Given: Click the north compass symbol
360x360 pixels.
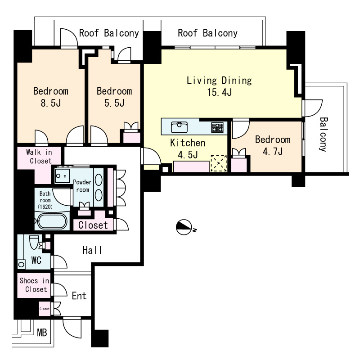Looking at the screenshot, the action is point(184,227).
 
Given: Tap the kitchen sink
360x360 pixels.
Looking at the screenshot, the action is point(179,127).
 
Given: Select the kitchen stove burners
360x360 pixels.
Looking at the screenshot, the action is point(217,127).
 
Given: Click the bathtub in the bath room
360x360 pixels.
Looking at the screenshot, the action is point(52,221).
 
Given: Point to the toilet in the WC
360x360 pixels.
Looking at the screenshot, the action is point(34,242).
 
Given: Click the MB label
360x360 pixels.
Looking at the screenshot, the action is point(42,333).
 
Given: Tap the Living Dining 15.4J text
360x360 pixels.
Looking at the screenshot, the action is point(219,86).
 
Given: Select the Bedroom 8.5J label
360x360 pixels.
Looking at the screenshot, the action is point(51,97).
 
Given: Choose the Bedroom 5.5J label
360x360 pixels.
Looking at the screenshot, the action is point(114,97).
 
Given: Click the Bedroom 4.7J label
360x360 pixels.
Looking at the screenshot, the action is point(273,145).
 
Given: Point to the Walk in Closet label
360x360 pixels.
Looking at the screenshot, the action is point(39,156).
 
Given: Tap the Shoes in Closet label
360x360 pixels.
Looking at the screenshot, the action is point(35,285).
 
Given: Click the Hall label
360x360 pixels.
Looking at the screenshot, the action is point(92,250).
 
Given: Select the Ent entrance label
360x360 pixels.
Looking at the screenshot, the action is point(79,296).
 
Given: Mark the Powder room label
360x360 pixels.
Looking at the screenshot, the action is point(82,186).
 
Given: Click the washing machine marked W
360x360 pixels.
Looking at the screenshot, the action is point(62,176).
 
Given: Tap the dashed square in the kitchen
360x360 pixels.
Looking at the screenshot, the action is point(219,163).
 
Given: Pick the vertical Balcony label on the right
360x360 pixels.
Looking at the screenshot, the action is point(323,135).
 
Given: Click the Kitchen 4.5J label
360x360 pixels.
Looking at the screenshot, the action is point(188,149).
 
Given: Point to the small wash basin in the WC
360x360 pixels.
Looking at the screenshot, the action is point(21,264).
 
